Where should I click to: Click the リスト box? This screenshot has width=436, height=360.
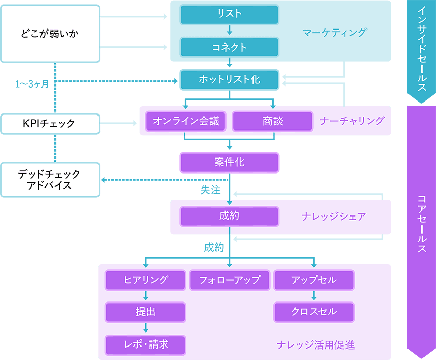click(229, 15)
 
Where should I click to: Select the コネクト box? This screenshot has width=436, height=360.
click(229, 47)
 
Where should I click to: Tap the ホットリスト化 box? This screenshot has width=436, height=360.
click(229, 79)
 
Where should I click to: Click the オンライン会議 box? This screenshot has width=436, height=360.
click(186, 122)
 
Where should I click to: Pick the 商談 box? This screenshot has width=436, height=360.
click(272, 122)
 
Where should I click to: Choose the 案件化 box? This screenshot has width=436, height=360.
click(229, 162)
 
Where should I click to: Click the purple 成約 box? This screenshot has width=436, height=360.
click(229, 217)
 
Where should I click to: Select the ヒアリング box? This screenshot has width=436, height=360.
click(146, 280)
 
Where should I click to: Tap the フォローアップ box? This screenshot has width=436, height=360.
click(230, 280)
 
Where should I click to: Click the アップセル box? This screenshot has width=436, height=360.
click(314, 280)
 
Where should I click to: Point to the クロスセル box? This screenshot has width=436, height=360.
click(314, 312)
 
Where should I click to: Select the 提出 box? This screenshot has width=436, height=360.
click(146, 312)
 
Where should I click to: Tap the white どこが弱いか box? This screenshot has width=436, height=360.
click(50, 33)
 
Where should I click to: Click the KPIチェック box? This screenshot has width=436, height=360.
click(50, 124)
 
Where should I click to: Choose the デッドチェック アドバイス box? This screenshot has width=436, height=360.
click(50, 180)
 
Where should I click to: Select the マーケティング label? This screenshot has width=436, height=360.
click(334, 33)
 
